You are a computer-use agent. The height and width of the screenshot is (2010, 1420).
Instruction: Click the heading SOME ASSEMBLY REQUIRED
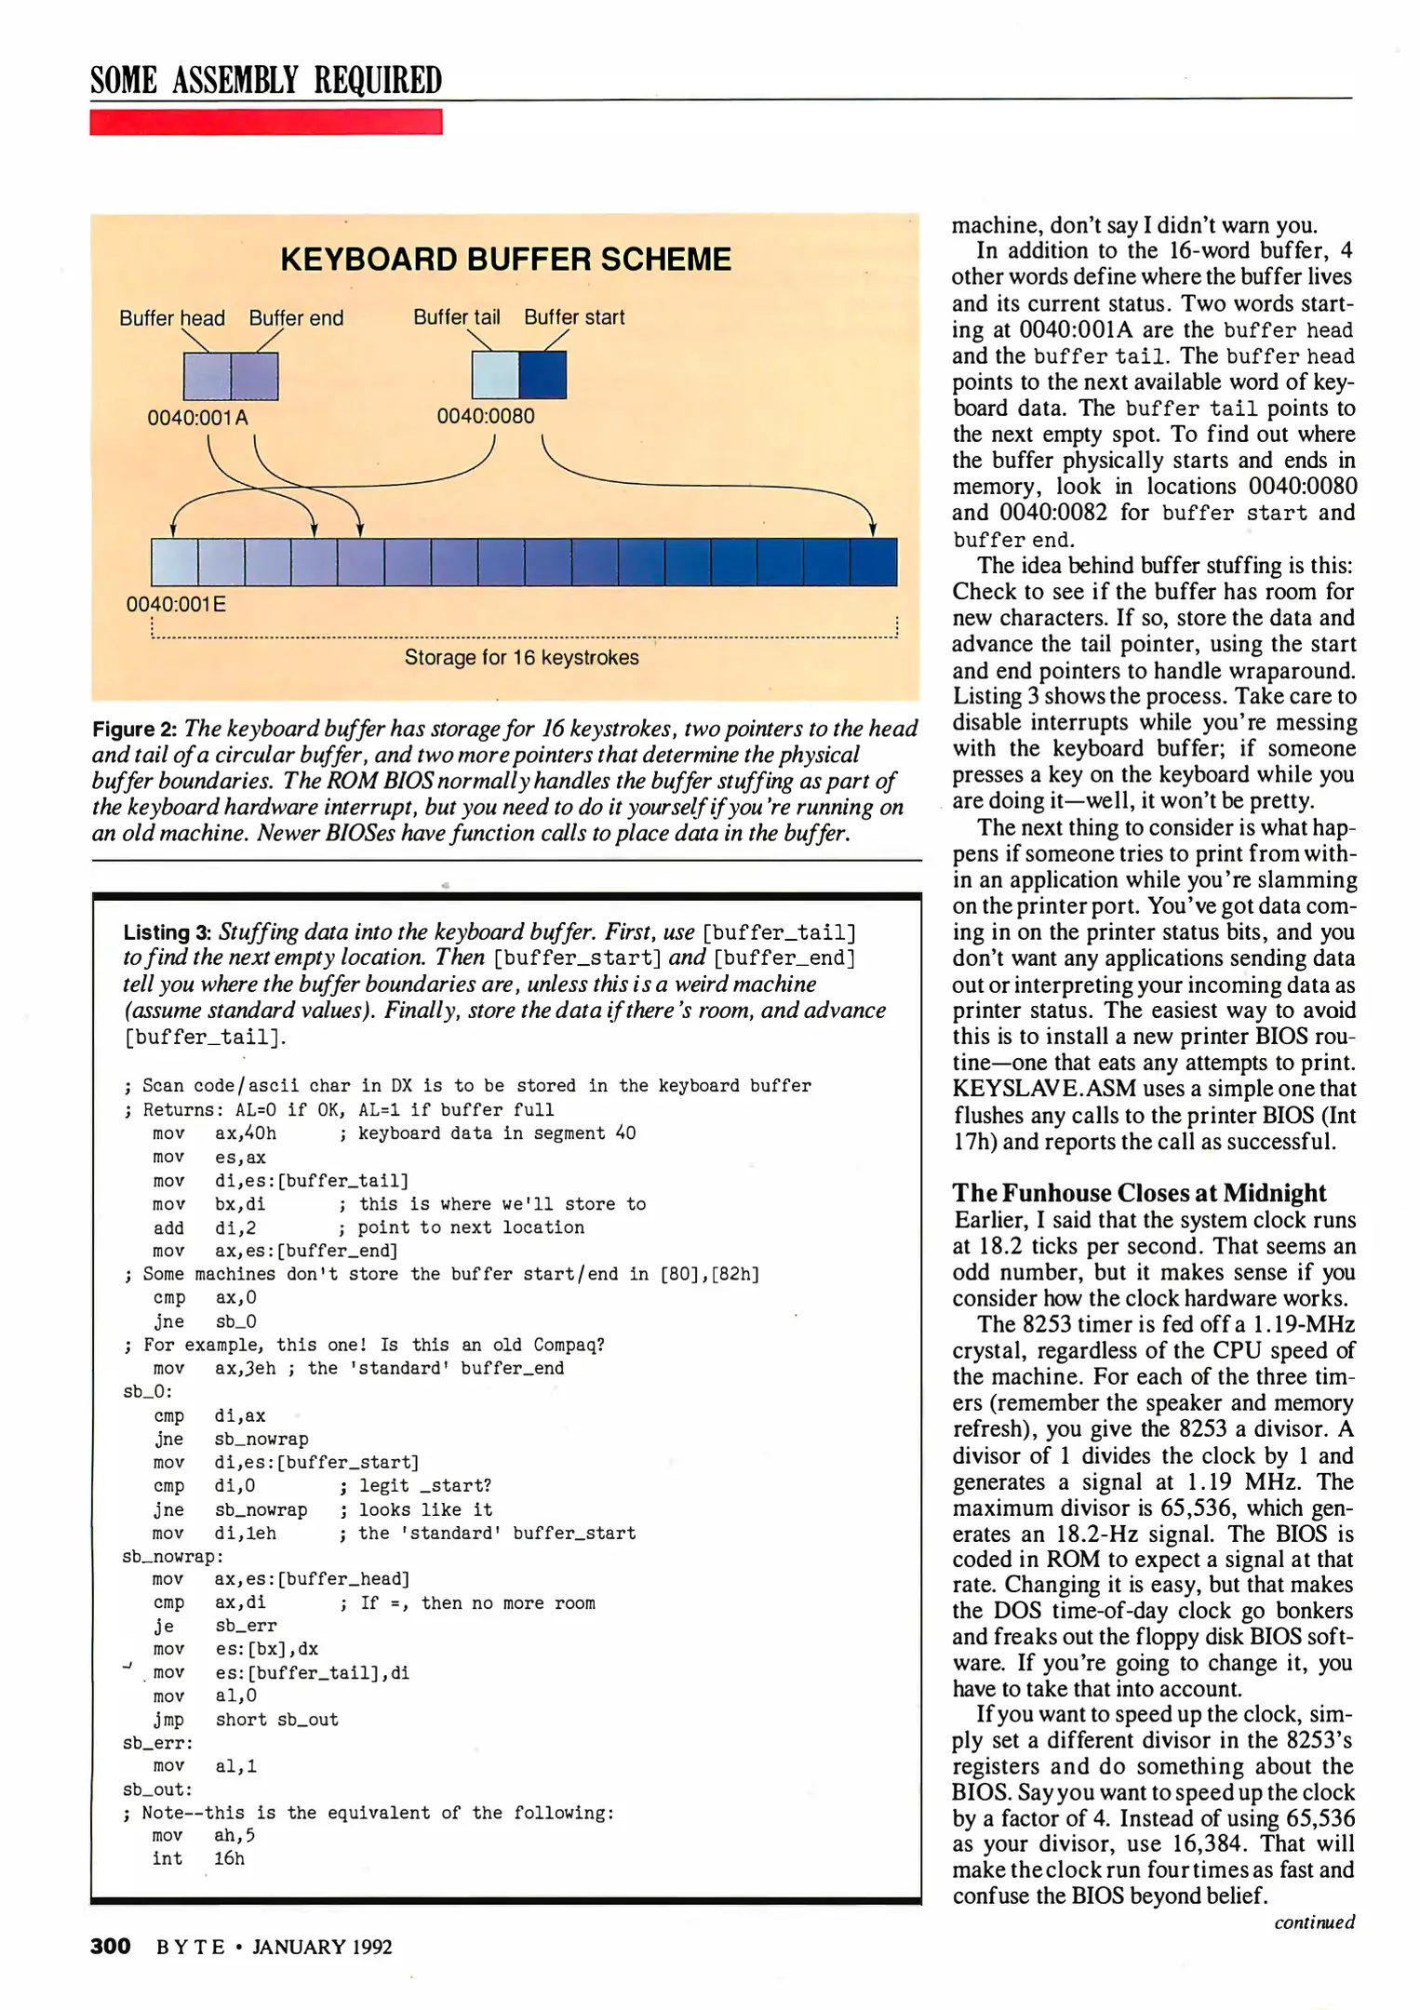tap(265, 80)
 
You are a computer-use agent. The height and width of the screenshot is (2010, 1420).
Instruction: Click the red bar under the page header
tap(265, 122)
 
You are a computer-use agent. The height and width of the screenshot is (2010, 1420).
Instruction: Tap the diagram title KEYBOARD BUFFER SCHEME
tap(505, 260)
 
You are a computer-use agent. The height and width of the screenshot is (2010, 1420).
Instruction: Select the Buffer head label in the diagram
tap(172, 318)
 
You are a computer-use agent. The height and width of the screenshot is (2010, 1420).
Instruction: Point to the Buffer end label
tap(296, 318)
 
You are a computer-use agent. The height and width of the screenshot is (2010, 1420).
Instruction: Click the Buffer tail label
tap(456, 317)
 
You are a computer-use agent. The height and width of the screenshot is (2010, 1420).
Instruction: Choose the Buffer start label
tap(574, 317)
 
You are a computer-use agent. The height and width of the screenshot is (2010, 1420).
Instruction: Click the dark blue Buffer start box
tap(543, 375)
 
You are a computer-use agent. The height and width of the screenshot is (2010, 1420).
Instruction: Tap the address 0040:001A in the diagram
tap(197, 418)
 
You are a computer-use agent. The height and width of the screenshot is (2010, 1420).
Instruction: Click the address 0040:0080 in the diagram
tap(486, 416)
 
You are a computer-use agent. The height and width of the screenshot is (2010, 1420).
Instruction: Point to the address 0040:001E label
tap(176, 605)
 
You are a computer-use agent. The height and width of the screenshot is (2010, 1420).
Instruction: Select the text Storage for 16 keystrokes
tap(521, 658)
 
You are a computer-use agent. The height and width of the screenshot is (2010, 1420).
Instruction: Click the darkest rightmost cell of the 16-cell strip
tap(874, 562)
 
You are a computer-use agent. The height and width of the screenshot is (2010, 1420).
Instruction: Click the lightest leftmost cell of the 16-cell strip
tap(175, 562)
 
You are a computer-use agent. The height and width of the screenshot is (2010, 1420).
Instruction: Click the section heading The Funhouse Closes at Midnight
tap(1139, 1193)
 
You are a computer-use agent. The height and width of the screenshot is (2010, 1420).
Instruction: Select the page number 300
tap(110, 1947)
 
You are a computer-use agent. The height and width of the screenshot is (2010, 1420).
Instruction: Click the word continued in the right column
tap(1314, 1922)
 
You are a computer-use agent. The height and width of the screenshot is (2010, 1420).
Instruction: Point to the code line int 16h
tap(198, 1858)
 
